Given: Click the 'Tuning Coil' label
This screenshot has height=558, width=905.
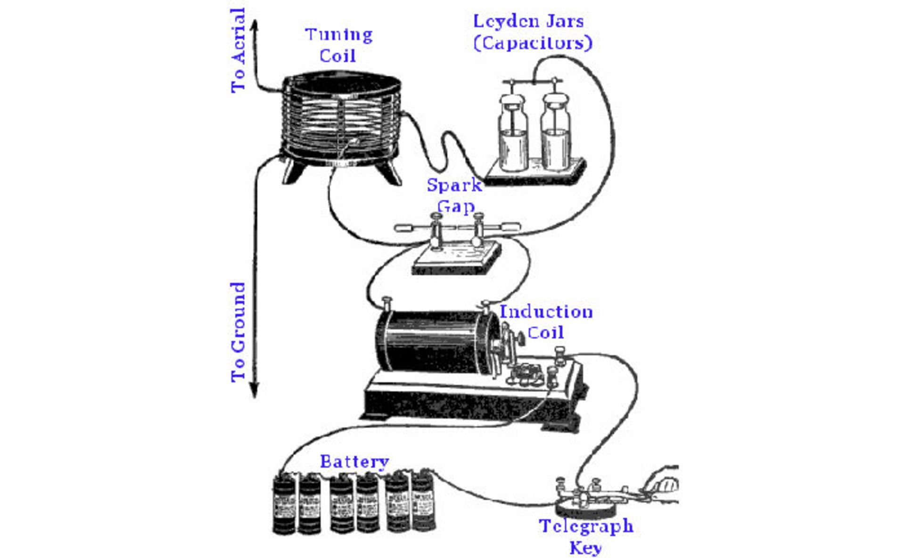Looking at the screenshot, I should click(338, 45).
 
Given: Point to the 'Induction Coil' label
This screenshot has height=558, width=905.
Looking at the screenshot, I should click(546, 322).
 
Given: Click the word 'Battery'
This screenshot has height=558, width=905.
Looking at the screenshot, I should click(354, 461).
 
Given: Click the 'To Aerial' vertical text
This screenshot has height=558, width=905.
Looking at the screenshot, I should click(239, 50).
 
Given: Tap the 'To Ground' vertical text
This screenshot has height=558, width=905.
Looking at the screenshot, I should click(239, 332).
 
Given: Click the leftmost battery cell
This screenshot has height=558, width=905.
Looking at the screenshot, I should click(284, 504).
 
